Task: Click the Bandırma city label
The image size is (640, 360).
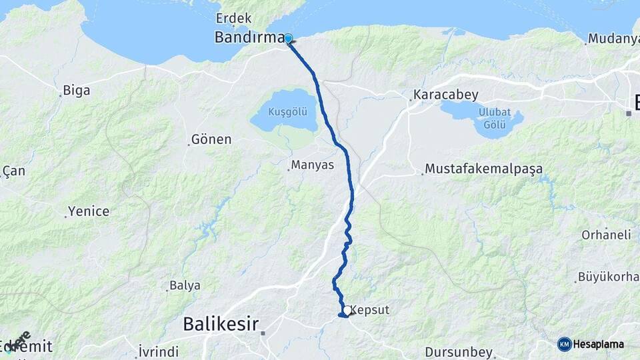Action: [x=249, y=37]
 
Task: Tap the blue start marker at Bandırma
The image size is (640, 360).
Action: [x=289, y=39]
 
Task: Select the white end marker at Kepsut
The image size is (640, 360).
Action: [x=347, y=310]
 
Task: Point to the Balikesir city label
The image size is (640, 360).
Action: [x=221, y=325]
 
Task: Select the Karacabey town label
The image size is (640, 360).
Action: [x=446, y=95]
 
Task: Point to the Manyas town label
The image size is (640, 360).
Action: [x=312, y=165]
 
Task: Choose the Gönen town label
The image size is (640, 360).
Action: [x=211, y=139]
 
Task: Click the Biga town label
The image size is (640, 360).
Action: [x=75, y=90]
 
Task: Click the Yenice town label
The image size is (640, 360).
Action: [x=90, y=211]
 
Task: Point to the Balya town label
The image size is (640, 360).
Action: [x=185, y=285]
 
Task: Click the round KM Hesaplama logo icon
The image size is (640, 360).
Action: [x=564, y=344]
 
